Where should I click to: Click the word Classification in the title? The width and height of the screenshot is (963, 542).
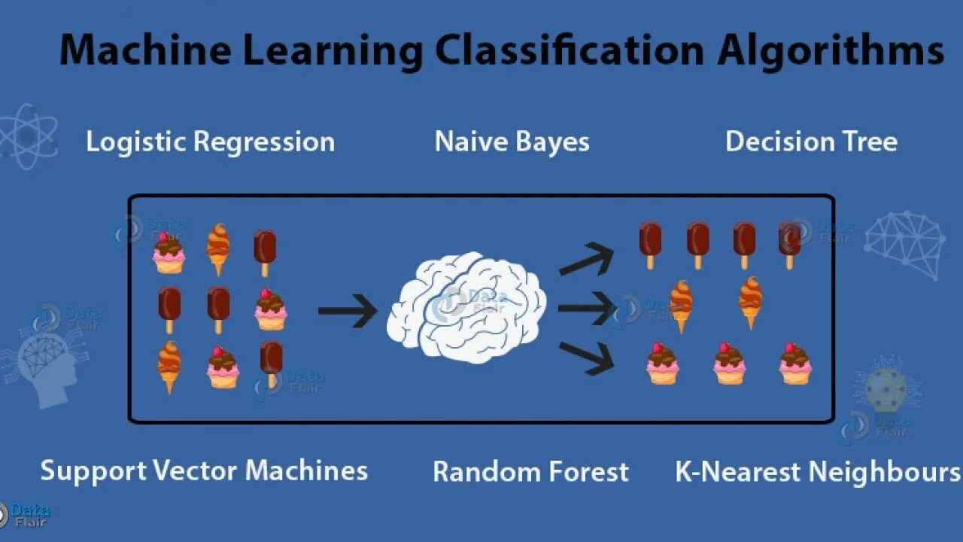[570, 50]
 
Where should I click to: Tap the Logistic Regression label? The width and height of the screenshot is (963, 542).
[210, 142]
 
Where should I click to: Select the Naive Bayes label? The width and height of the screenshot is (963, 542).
[512, 142]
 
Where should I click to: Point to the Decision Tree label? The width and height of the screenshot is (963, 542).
[811, 142]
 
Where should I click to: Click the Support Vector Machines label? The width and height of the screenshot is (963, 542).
[204, 470]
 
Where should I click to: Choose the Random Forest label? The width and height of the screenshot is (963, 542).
[530, 472]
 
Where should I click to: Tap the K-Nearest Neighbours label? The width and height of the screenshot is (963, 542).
[817, 472]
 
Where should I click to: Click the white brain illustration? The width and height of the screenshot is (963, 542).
[466, 305]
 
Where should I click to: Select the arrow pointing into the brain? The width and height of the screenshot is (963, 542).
[347, 310]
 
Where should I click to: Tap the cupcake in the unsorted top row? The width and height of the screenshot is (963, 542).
[169, 253]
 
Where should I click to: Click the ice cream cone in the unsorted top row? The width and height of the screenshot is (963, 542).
[218, 248]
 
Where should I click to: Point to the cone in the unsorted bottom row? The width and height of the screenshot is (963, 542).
[169, 366]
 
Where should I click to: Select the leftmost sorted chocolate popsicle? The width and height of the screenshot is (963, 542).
[650, 244]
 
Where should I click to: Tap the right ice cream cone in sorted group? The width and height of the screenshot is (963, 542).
[750, 302]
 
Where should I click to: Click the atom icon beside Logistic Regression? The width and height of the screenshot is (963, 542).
[28, 135]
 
